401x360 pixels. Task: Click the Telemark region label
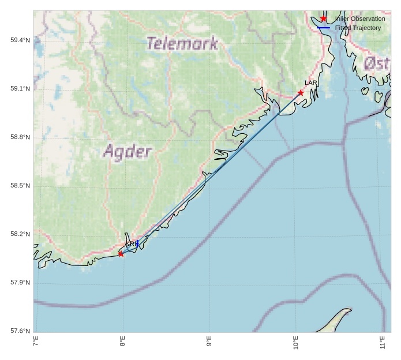click(182, 43)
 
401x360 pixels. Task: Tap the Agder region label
click(128, 152)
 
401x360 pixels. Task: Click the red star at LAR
click(301, 93)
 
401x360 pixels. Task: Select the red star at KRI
click(121, 254)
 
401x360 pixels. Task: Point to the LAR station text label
click(311, 83)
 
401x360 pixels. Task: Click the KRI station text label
click(130, 244)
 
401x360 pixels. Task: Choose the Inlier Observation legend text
click(360, 18)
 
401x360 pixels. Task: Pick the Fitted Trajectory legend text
click(358, 28)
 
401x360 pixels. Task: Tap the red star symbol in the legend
click(324, 18)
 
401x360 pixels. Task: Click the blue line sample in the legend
click(324, 28)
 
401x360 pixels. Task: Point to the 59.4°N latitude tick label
click(20, 40)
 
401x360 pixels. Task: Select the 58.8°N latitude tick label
click(20, 137)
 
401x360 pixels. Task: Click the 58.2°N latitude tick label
click(20, 234)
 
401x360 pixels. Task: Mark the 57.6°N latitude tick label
click(20, 331)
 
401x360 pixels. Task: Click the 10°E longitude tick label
click(295, 343)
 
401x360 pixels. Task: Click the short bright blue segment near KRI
click(137, 243)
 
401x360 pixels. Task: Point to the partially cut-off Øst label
click(377, 63)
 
